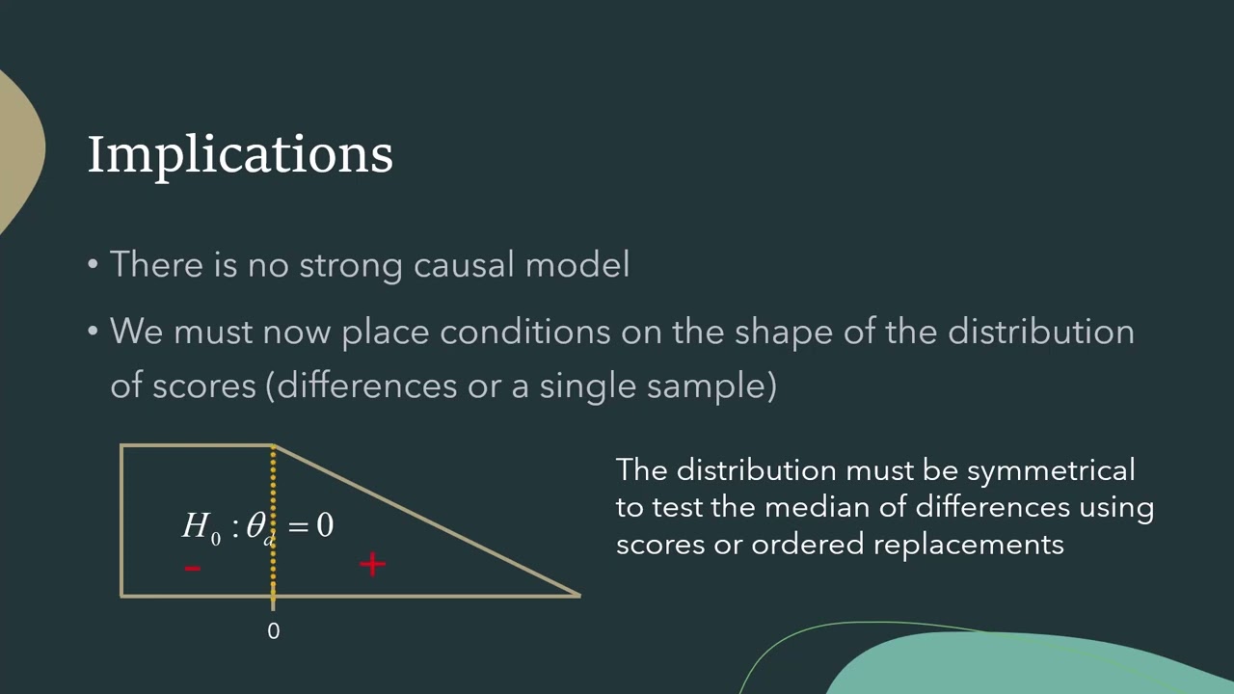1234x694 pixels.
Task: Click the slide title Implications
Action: pos(240,154)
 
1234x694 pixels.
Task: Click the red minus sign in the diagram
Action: pos(193,568)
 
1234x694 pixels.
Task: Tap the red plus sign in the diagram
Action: pos(372,564)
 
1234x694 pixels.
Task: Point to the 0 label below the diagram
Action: pos(273,631)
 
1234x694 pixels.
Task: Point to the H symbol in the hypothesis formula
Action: pos(196,525)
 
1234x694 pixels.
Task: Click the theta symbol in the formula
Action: pos(256,525)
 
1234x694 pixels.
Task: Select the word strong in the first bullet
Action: pos(353,264)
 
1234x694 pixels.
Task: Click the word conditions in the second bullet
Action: pos(525,332)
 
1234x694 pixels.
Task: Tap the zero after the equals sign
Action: pos(325,525)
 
